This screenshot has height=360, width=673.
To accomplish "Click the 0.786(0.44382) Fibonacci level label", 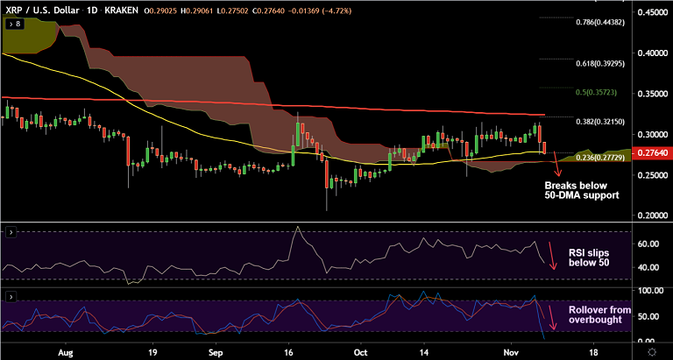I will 600,23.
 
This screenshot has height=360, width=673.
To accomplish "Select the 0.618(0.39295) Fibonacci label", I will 600,63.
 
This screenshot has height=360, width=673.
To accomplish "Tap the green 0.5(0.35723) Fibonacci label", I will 603,91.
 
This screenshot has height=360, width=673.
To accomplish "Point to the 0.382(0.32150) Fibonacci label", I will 600,122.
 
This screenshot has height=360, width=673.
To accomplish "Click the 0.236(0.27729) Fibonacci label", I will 600,157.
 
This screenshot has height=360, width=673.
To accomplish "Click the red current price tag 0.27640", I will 653,153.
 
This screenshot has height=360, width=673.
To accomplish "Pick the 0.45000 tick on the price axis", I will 653,12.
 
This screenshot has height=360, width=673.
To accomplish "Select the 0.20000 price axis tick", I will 653,215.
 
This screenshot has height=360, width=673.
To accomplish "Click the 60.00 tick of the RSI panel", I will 649,245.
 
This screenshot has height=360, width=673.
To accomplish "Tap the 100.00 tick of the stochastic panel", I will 649,290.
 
